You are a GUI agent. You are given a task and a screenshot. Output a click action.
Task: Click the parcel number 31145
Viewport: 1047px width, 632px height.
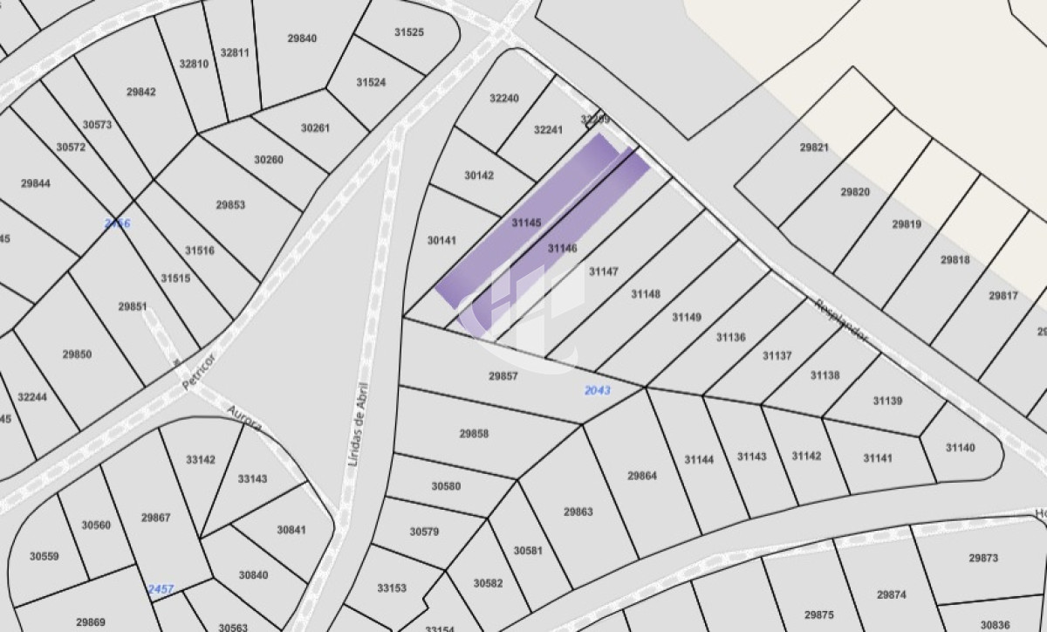point(526,223)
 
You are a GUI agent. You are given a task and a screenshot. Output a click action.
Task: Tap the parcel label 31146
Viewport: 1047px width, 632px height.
point(562,249)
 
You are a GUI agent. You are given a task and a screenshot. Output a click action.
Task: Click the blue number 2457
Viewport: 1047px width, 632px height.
point(160,589)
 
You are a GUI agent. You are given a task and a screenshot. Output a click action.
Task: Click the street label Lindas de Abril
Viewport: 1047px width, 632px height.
point(359,422)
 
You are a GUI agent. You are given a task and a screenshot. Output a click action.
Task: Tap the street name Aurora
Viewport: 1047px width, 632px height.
point(243,419)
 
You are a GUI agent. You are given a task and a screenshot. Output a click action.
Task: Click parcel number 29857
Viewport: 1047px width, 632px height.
point(503,376)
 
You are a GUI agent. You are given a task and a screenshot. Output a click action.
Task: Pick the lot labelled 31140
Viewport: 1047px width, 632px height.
point(960,448)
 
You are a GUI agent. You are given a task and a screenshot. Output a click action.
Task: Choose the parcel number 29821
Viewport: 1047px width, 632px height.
point(814,148)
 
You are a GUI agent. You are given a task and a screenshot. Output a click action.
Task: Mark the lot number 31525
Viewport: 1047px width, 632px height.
point(408,32)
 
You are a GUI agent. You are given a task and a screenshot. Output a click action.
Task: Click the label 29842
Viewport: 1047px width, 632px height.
point(141,92)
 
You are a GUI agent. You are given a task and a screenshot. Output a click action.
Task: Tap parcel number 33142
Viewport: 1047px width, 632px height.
point(200,459)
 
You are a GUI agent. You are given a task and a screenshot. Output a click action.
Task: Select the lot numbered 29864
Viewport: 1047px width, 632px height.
point(641,476)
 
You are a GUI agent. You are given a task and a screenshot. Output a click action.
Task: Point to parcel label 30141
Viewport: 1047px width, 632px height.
point(442,240)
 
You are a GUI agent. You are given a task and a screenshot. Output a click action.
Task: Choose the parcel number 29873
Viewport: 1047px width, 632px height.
point(982,557)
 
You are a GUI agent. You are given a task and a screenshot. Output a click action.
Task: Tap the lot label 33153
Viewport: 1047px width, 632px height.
point(392,588)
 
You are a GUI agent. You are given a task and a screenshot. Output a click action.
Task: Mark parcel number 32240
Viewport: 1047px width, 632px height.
point(503,99)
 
